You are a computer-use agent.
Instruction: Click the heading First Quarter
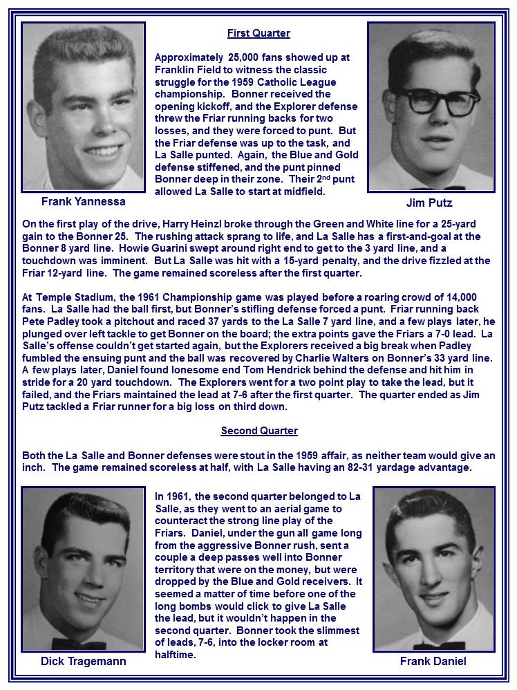(x=258, y=33)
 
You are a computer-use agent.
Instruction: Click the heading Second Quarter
(x=259, y=431)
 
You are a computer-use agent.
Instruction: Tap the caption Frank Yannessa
(x=82, y=202)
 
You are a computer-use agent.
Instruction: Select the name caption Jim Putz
(x=429, y=203)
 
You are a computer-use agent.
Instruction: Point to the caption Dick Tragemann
(x=84, y=662)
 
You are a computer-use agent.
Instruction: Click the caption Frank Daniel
(x=433, y=662)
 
